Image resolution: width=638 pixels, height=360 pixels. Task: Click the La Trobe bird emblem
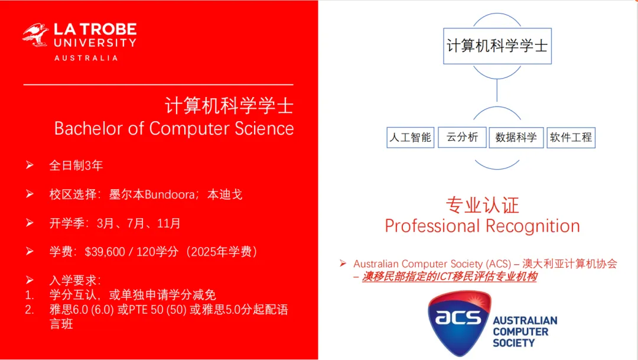pyautogui.click(x=35, y=35)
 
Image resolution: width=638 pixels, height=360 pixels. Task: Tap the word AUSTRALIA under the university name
pyautogui.click(x=86, y=59)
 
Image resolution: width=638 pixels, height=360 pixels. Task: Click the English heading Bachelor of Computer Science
pyautogui.click(x=174, y=129)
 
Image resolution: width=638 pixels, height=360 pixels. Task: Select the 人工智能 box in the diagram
pyautogui.click(x=410, y=138)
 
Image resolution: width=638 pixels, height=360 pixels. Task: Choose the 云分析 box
pyautogui.click(x=462, y=137)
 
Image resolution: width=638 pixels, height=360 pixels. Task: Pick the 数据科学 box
pyautogui.click(x=516, y=138)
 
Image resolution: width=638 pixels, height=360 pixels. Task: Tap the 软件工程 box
pyautogui.click(x=571, y=138)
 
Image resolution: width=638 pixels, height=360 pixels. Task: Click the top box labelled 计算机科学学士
pyautogui.click(x=497, y=46)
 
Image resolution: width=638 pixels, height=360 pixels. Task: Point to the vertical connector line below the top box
pyautogui.click(x=497, y=90)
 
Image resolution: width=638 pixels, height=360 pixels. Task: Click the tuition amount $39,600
pyautogui.click(x=105, y=252)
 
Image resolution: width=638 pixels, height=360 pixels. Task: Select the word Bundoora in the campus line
pyautogui.click(x=170, y=194)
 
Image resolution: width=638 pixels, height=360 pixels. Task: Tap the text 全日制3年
pyautogui.click(x=76, y=166)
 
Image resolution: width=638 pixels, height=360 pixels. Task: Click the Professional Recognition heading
pyautogui.click(x=482, y=226)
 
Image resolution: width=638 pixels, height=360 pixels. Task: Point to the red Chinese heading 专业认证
pyautogui.click(x=483, y=205)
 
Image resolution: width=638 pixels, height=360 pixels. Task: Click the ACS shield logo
pyautogui.click(x=460, y=323)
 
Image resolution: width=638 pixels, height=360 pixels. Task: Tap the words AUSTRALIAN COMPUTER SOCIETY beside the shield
pyautogui.click(x=525, y=332)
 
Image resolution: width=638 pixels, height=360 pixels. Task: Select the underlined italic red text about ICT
pyautogui.click(x=450, y=277)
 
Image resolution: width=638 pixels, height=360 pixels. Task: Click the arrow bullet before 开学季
pyautogui.click(x=30, y=223)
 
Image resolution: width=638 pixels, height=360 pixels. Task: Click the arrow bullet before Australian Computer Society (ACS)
pyautogui.click(x=343, y=264)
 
